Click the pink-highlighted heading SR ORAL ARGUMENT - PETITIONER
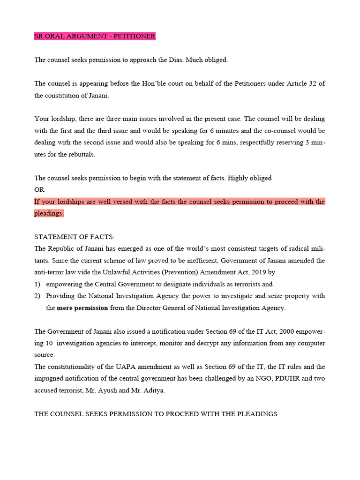click(x=95, y=36)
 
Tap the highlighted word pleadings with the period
click(x=49, y=213)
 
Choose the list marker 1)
click(x=38, y=284)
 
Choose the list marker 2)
click(x=38, y=296)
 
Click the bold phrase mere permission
click(x=82, y=308)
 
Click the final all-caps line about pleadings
click(x=156, y=414)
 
